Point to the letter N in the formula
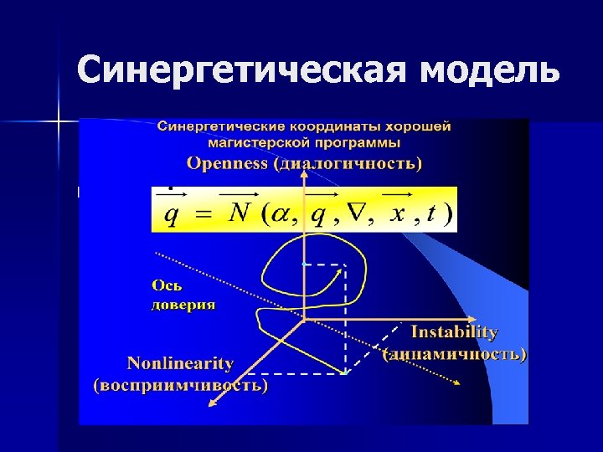240,214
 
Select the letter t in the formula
430,214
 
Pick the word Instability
455,332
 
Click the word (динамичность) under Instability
455,354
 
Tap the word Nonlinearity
180,363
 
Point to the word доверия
183,305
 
